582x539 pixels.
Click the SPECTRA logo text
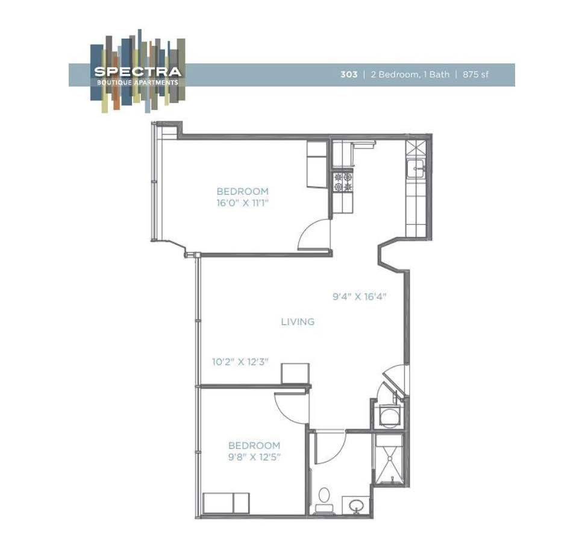[137, 71]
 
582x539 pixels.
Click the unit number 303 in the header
[348, 75]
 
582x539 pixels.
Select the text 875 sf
[476, 75]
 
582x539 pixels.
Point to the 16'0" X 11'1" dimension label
[242, 203]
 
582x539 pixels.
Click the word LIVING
[298, 322]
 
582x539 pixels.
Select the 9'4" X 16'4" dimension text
[359, 297]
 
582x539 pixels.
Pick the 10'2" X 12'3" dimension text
[240, 362]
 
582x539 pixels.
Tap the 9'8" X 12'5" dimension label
[254, 456]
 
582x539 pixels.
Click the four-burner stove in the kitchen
[343, 182]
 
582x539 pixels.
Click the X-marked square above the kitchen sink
[416, 149]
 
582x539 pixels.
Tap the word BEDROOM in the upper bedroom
[242, 191]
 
